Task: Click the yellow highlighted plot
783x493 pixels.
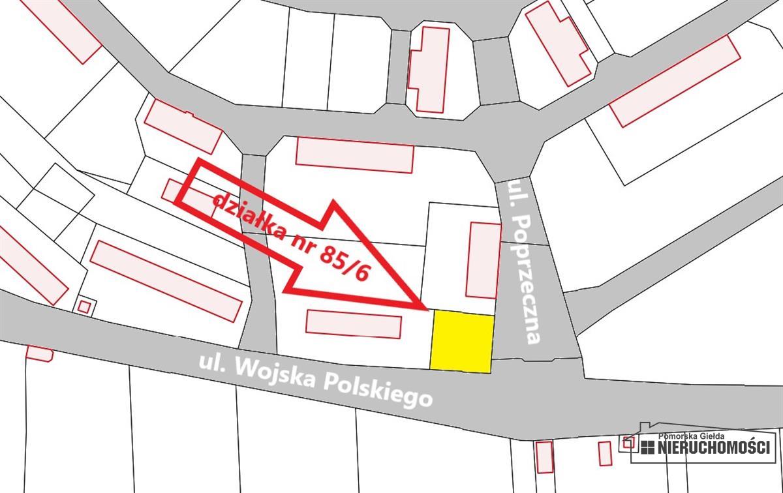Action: click(461, 342)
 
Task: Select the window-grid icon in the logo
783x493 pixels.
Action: click(647, 447)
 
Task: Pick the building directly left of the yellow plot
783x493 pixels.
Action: click(353, 323)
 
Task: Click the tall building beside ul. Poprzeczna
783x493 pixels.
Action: click(484, 260)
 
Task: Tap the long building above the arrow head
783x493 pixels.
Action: click(355, 155)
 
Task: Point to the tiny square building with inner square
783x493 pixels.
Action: click(84, 306)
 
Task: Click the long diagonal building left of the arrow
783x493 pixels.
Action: click(166, 280)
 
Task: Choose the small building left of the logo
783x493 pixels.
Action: click(605, 453)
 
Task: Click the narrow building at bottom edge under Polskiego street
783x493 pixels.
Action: click(544, 456)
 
